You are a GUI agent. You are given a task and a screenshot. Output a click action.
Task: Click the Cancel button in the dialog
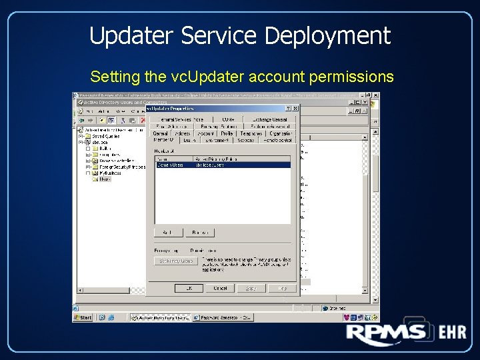click(220, 289)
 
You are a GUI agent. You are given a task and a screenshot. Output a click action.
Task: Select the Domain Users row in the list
click(171, 165)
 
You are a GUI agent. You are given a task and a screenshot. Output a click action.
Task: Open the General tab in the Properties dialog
click(161, 133)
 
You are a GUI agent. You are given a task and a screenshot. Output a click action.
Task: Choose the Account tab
click(205, 133)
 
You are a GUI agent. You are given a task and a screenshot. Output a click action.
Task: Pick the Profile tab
click(227, 133)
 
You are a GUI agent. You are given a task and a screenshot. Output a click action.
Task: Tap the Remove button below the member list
click(199, 233)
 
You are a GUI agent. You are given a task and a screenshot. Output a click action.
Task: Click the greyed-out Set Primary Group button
click(175, 261)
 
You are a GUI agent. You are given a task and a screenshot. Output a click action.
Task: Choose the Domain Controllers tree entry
click(113, 161)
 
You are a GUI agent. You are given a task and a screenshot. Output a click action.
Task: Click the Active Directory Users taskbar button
click(161, 318)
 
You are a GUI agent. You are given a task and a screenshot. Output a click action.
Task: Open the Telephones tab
click(251, 133)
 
